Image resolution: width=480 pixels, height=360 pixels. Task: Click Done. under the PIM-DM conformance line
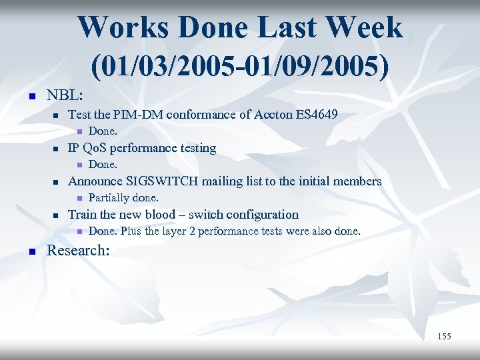point(103,131)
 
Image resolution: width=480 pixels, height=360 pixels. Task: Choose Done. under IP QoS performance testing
point(103,165)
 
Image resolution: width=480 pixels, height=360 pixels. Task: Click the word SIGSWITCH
point(167,181)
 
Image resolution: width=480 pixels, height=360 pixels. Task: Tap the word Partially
point(109,198)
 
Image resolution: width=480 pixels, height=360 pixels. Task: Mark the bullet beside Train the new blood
point(57,215)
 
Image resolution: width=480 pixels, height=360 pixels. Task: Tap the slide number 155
point(444,337)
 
